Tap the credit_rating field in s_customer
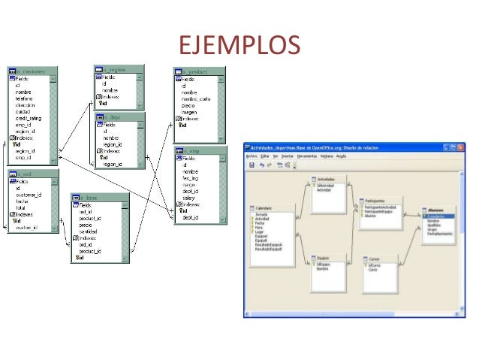(x=29, y=119)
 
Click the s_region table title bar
(x=119, y=68)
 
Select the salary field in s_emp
(x=189, y=198)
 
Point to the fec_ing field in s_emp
(x=191, y=178)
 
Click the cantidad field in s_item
(x=91, y=231)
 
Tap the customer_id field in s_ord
(x=30, y=194)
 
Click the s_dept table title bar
(x=119, y=117)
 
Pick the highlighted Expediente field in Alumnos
(x=437, y=216)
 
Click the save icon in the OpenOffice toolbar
(x=251, y=165)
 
